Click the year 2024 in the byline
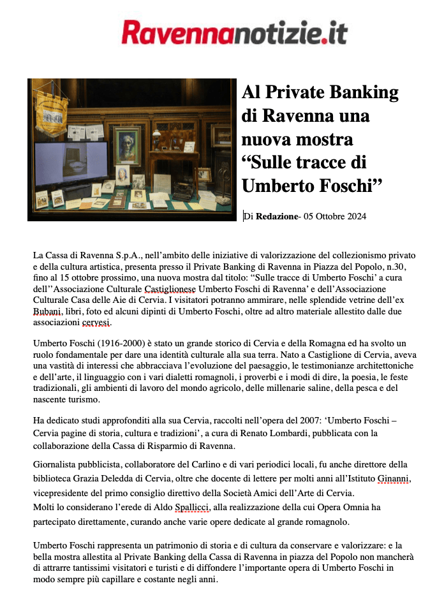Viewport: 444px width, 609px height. pos(354,217)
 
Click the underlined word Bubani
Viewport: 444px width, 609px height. pos(48,312)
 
